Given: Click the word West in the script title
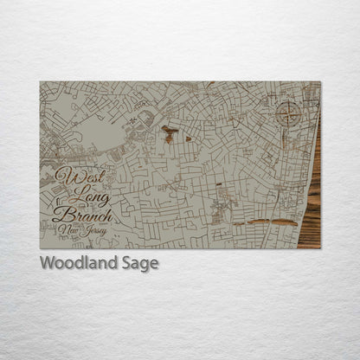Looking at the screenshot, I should coord(74,176).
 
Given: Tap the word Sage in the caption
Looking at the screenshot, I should coord(139,263).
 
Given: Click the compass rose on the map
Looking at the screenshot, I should coord(288,112).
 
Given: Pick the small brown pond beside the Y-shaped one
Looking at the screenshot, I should coord(188,138).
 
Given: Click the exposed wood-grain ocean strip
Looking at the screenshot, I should coord(312,190).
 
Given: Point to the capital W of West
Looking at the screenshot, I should coord(62,176).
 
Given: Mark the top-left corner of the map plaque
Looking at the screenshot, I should coord(41,82).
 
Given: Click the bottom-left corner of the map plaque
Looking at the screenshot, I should coord(41,247).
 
